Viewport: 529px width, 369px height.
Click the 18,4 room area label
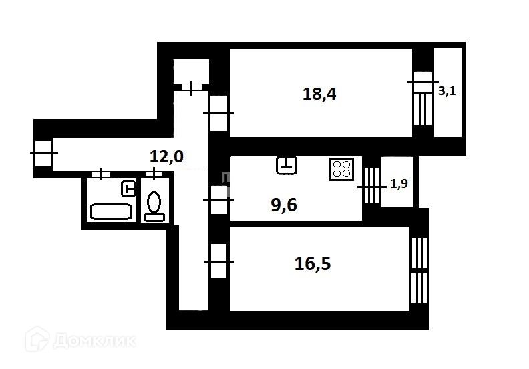point(319,94)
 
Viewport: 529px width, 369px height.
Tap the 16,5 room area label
point(313,264)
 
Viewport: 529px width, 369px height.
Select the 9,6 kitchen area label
point(283,205)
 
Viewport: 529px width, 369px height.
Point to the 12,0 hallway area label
point(166,157)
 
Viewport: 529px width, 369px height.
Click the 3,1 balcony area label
point(446,92)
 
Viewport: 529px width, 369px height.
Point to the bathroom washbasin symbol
point(128,189)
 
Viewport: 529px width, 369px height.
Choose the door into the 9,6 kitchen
point(218,199)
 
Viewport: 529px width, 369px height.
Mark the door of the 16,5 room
point(218,261)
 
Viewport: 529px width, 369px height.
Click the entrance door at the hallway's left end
point(43,153)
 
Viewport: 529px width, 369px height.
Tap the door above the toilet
point(154,174)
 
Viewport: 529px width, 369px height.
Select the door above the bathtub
point(101,174)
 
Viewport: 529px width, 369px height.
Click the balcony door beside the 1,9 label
point(371,185)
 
